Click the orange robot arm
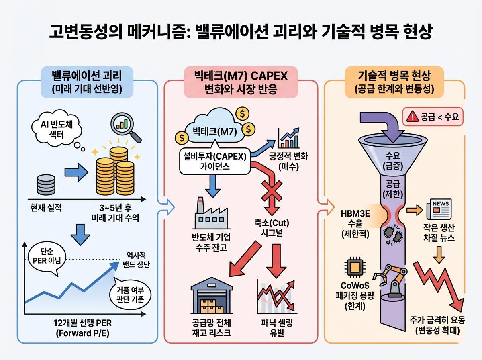click(x=389, y=277)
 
